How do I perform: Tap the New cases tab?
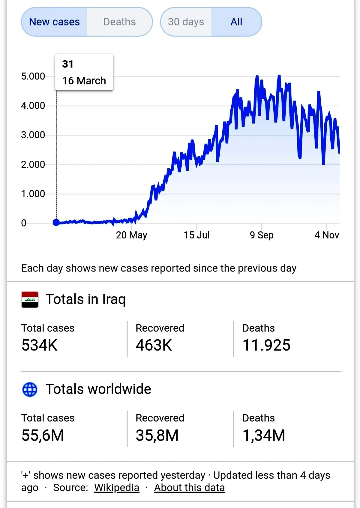point(54,22)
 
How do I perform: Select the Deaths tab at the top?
point(120,22)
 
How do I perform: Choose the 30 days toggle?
point(186,22)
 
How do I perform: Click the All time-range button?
point(236,22)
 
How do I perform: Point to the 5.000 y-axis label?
point(33,76)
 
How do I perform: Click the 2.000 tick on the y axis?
point(33,165)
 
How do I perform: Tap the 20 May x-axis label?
point(131,235)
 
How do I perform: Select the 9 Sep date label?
point(262,235)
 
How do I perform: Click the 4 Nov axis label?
point(327,235)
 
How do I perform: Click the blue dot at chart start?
point(56,222)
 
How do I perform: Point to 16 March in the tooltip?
point(84,81)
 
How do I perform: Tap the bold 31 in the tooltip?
point(67,64)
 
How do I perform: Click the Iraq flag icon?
point(30,300)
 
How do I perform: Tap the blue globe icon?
point(30,390)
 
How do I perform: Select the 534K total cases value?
point(39,345)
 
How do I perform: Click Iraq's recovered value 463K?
point(154,345)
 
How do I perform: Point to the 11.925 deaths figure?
point(266,345)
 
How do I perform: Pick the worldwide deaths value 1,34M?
point(264,435)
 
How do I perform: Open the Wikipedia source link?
point(117,488)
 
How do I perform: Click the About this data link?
point(189,488)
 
